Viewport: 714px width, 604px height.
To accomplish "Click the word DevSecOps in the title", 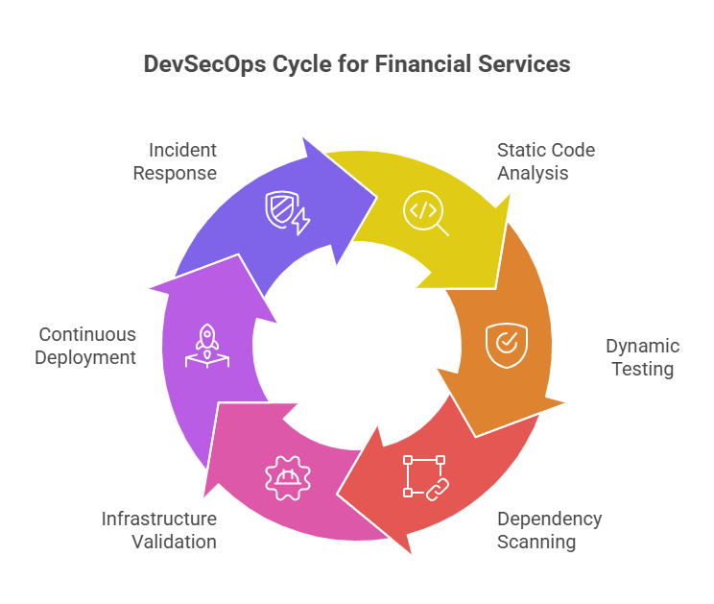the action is coord(204,64).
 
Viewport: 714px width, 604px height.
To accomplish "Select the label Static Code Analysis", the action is coord(546,161).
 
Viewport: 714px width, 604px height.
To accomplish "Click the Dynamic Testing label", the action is coord(643,357).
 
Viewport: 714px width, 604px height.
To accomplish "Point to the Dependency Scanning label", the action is coord(549,530).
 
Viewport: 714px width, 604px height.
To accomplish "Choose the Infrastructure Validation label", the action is coord(159,530).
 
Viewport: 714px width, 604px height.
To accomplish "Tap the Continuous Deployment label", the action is coord(85,346).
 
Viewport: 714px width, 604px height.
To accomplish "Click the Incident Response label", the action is coord(175,161).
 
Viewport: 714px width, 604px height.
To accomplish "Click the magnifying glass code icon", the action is coord(426,213).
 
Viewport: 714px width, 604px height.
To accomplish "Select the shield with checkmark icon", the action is coord(507,346).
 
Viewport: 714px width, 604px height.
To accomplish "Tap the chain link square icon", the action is coord(426,478).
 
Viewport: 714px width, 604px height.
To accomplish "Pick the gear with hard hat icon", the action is coord(288,478).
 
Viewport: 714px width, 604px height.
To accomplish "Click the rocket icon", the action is coord(207,346).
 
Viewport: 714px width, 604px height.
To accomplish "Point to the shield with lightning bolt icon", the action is coord(288,213).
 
